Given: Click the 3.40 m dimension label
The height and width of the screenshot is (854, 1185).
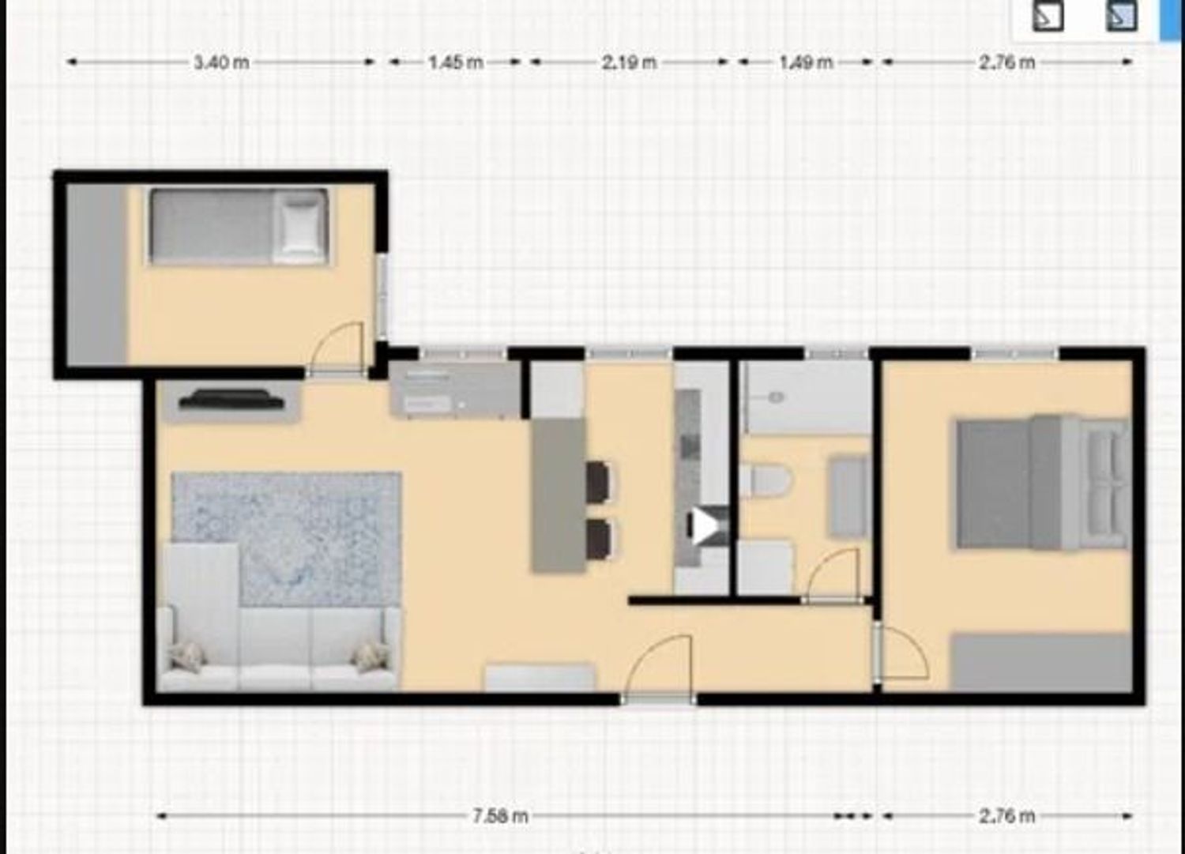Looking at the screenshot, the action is [222, 62].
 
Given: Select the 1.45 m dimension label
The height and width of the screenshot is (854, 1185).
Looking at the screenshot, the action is [456, 62].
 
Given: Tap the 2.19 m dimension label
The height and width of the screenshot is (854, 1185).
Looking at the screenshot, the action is [629, 62].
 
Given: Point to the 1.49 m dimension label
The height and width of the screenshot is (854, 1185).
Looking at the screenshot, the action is [807, 62].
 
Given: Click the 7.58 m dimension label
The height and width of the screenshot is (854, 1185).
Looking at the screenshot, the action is [500, 816].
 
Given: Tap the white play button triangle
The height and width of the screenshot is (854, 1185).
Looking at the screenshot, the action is [705, 526].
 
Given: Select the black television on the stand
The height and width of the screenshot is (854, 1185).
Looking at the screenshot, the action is [231, 400].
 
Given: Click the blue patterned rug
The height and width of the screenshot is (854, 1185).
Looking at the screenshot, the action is [286, 539].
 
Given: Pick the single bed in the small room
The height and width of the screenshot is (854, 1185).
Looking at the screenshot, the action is [239, 226].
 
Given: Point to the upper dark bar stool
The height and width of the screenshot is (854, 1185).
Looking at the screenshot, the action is [598, 481].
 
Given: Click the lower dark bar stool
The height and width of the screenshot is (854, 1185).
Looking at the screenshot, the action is [599, 539].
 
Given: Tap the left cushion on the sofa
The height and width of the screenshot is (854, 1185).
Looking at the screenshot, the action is [188, 658].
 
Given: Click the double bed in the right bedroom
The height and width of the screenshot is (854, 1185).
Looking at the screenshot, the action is [1044, 483].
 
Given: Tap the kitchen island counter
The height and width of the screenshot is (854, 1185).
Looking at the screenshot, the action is [559, 495].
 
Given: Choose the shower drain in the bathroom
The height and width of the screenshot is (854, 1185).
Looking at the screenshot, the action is [777, 397].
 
